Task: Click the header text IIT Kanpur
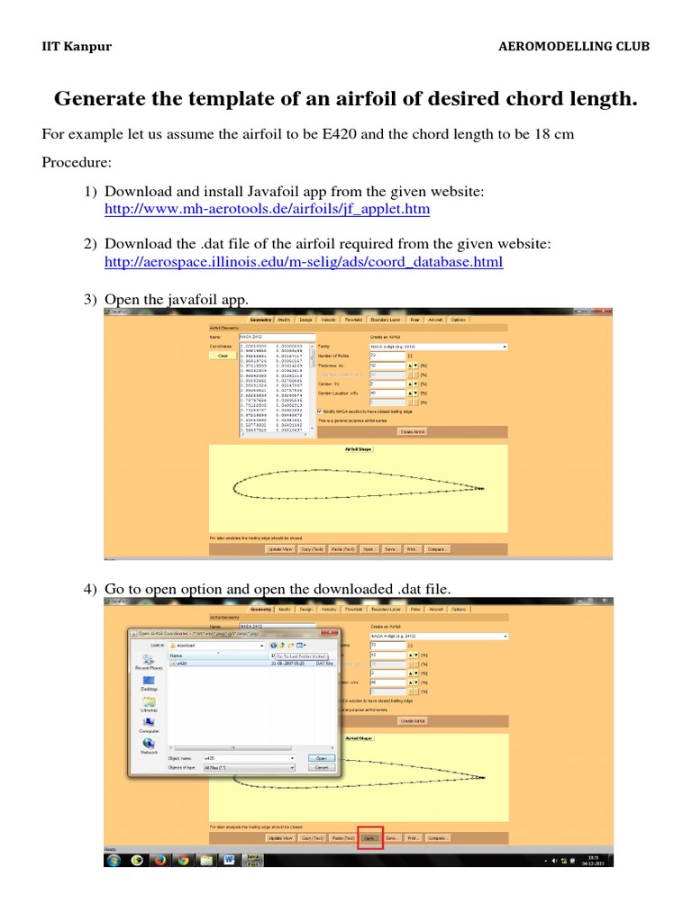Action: pyautogui.click(x=77, y=47)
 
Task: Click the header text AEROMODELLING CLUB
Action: pyautogui.click(x=573, y=47)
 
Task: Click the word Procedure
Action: pyautogui.click(x=76, y=164)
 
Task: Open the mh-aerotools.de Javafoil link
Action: pyautogui.click(x=267, y=209)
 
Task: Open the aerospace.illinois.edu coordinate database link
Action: pyautogui.click(x=304, y=262)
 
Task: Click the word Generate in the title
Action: pyautogui.click(x=103, y=99)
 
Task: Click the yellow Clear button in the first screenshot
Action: pyautogui.click(x=223, y=356)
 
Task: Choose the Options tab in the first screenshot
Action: pyautogui.click(x=459, y=319)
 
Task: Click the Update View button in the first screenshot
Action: pyautogui.click(x=280, y=547)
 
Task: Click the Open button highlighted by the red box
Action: pyautogui.click(x=370, y=837)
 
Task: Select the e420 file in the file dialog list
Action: pyautogui.click(x=183, y=663)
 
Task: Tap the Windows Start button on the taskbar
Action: pyautogui.click(x=114, y=860)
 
